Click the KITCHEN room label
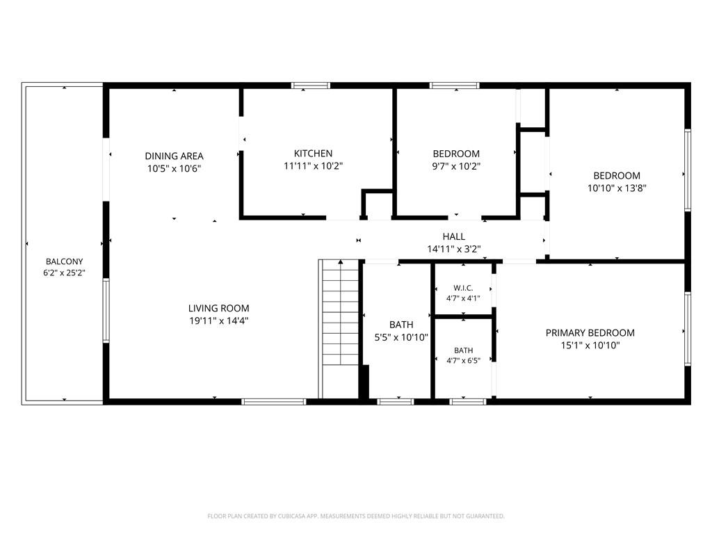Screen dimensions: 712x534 [313, 154]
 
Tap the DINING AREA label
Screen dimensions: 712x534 [174, 156]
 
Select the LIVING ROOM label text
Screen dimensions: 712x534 [218, 308]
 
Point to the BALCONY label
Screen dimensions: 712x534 [65, 261]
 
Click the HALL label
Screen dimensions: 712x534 [453, 236]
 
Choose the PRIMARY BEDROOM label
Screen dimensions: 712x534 [590, 333]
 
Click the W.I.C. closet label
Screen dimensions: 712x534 [463, 288]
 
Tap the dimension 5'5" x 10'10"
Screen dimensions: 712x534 [401, 337]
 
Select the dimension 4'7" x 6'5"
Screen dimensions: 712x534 [463, 361]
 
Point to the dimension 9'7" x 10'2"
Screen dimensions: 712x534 [456, 166]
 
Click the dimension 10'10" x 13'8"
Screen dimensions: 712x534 [617, 188]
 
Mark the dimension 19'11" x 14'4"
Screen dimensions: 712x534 [218, 321]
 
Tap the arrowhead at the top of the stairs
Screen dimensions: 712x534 [341, 261]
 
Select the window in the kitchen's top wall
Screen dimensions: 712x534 [311, 86]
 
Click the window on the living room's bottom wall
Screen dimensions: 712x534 [274, 402]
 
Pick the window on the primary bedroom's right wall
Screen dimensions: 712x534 [688, 329]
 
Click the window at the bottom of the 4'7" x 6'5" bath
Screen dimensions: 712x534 [468, 402]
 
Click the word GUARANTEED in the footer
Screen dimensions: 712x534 [485, 517]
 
